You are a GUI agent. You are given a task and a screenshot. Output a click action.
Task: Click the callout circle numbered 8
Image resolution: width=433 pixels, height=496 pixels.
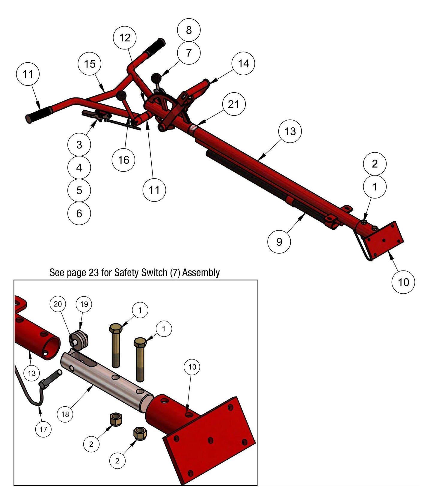188,30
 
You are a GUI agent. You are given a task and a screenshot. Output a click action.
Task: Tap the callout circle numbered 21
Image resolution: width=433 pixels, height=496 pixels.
234,104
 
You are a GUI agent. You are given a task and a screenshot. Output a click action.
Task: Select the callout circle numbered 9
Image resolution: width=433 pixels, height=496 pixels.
279,242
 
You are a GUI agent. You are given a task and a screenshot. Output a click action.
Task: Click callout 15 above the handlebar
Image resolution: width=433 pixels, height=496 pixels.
90,64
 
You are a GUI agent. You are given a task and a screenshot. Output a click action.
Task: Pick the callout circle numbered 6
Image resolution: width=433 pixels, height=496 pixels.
79,214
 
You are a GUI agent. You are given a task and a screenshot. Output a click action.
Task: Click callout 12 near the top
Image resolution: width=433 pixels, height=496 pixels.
125,38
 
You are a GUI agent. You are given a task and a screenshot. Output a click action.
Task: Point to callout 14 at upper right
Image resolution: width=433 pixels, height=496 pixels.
243,63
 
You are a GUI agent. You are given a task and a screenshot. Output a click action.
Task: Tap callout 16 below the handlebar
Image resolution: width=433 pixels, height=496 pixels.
123,160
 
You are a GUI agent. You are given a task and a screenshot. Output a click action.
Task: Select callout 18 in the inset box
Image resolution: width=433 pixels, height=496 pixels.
65,414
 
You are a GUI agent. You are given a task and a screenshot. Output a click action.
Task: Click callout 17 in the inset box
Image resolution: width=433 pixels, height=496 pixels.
43,429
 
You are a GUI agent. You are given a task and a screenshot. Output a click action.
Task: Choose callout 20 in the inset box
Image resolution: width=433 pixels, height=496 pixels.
58,304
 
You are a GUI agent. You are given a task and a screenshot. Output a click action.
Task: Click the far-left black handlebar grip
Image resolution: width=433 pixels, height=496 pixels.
38,114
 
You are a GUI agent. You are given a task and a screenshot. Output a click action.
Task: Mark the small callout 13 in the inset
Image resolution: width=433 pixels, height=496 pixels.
31,373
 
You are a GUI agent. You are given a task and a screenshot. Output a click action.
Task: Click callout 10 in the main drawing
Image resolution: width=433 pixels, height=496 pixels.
403,282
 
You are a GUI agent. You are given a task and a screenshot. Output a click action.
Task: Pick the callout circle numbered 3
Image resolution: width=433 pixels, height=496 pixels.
79,145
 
